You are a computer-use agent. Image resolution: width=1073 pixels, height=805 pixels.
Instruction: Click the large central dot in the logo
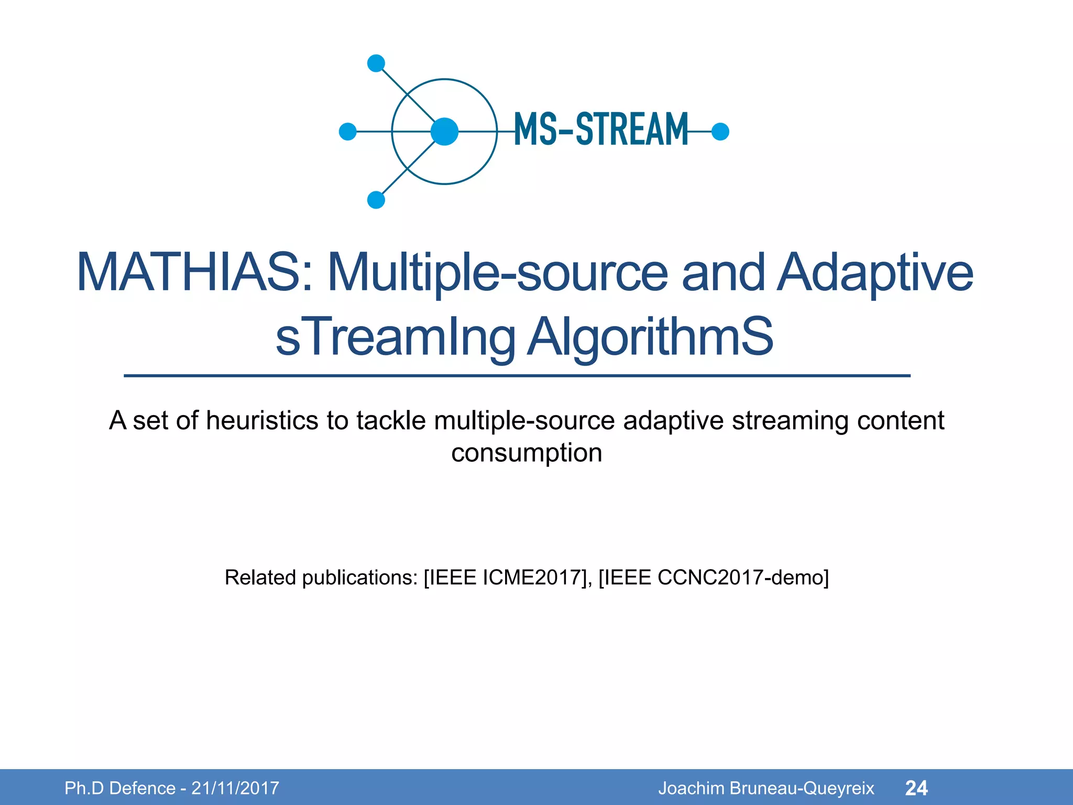(444, 132)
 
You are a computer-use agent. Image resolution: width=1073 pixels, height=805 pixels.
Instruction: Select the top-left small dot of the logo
(376, 63)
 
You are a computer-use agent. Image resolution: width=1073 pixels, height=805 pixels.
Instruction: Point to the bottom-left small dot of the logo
(376, 200)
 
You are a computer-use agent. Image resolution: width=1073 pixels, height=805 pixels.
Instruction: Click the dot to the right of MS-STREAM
(720, 132)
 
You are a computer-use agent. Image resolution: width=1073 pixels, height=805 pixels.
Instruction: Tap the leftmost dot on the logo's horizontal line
(348, 132)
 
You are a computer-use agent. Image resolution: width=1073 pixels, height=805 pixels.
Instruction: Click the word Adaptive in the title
(874, 273)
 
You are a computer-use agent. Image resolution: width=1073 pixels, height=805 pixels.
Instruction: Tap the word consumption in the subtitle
(527, 452)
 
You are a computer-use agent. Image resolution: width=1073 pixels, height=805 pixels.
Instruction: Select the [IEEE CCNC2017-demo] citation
(713, 578)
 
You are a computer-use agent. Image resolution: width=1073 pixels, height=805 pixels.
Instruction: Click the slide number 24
(916, 788)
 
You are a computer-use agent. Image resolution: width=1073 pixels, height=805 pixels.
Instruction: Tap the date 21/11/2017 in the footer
(235, 788)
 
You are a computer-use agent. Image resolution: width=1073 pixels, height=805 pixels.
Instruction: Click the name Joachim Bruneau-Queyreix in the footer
(766, 788)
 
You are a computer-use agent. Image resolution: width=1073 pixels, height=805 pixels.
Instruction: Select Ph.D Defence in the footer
(120, 788)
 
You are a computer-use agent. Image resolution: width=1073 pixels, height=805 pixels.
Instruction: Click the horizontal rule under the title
(517, 376)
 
